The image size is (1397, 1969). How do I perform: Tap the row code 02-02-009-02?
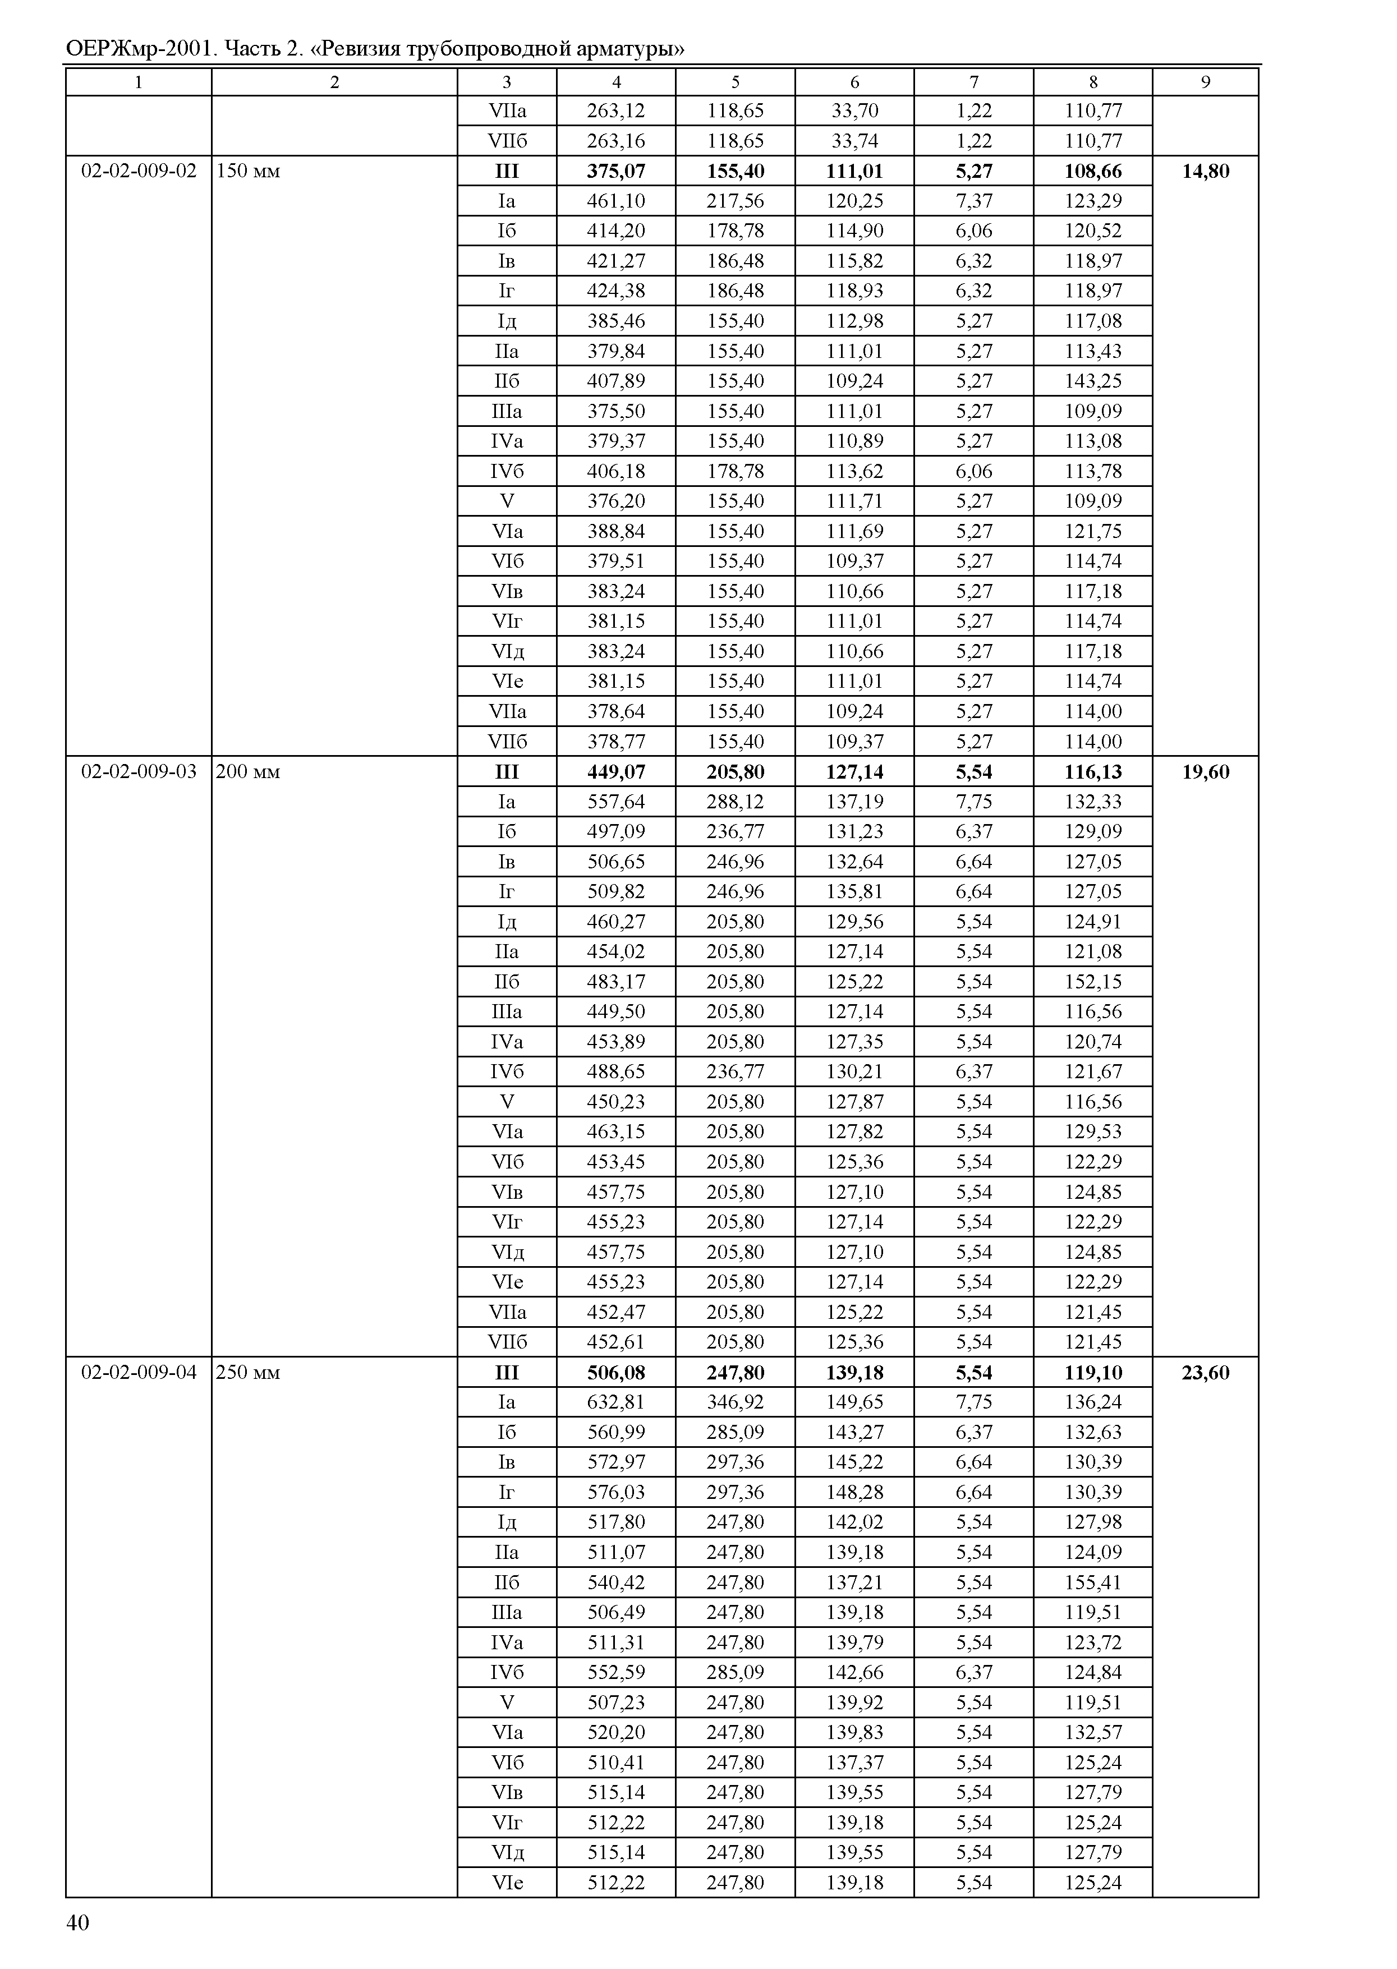tap(139, 171)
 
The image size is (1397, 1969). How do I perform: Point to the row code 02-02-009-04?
tap(139, 1372)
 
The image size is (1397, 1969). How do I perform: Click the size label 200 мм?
tap(248, 771)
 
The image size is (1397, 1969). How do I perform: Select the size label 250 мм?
tap(248, 1372)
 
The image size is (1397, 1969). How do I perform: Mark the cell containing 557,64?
tap(616, 801)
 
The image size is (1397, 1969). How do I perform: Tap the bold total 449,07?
tap(616, 771)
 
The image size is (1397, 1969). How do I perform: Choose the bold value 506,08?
tap(616, 1372)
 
